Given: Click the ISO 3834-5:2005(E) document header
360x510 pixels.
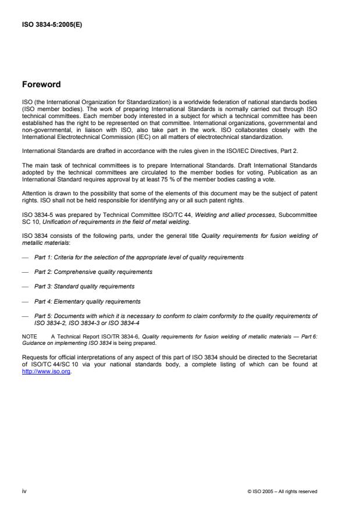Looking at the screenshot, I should click(x=52, y=24).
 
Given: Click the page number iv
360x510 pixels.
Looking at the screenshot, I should click(x=24, y=491).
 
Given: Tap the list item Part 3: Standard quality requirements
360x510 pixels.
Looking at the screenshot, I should click(x=84, y=286).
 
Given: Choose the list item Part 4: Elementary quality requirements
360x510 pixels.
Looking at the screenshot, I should click(x=87, y=301).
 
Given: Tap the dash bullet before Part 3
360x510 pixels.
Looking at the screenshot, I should click(x=25, y=286).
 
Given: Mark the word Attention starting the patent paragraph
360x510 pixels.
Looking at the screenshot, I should click(x=33, y=192).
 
